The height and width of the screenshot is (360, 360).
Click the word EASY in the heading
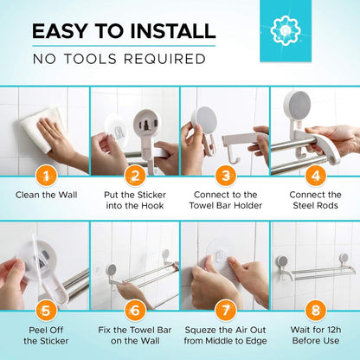[62, 32]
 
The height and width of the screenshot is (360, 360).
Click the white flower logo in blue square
[285, 29]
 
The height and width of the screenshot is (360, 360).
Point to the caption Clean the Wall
[45, 195]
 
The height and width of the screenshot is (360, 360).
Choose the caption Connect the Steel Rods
[314, 200]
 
